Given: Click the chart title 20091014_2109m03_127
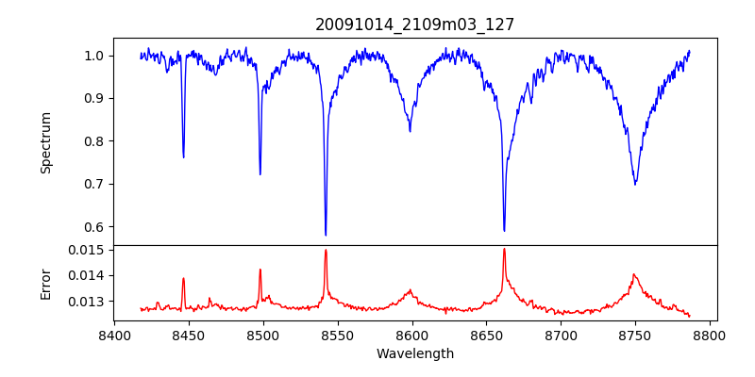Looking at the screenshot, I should click(414, 25).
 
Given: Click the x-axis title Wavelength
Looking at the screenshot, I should click(414, 354).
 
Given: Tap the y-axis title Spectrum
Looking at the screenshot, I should click(45, 142).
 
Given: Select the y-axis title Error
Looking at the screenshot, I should click(45, 283).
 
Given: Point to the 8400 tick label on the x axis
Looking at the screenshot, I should click(114, 336).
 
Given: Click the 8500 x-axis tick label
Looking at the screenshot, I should click(263, 336).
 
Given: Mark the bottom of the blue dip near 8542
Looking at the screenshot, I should click(326, 235).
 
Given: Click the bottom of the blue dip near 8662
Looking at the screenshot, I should click(504, 231).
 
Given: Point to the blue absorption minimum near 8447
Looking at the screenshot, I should click(183, 156).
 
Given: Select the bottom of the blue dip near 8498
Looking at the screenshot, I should click(260, 174).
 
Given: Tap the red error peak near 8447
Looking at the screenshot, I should click(183, 278).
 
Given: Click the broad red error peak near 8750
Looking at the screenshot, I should click(634, 274).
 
